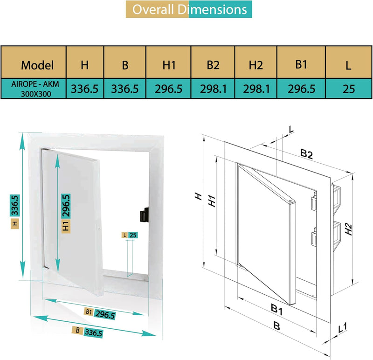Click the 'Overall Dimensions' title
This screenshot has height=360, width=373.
(189, 9)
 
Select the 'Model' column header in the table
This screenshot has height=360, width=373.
(37, 65)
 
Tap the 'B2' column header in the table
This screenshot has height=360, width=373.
(213, 65)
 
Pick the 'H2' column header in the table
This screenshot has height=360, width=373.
(256, 65)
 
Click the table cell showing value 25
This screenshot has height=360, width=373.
(348, 89)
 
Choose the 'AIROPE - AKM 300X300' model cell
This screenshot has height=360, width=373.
(34, 88)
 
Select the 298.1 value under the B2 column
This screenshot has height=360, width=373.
(213, 89)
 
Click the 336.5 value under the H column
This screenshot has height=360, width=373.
(84, 89)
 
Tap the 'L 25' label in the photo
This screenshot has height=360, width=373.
(130, 235)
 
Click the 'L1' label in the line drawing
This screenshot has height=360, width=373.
(342, 328)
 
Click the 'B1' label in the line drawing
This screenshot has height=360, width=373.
(277, 309)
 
